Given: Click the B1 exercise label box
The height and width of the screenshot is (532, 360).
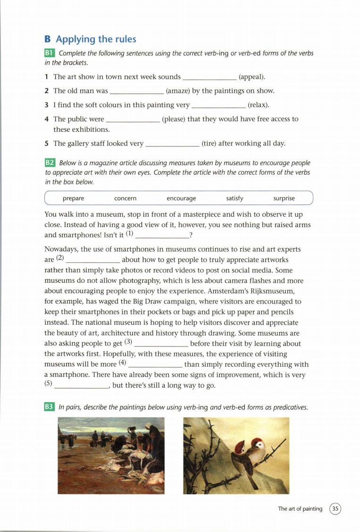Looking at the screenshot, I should coord(50,53).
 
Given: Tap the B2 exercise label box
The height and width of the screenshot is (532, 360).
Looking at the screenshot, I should coord(50,163).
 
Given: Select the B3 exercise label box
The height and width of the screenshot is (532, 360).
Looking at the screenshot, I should coord(50,406).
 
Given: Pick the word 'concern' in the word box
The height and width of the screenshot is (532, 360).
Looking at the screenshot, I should coord(125,198).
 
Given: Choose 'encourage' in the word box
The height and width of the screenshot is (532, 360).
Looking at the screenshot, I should coord(181,198).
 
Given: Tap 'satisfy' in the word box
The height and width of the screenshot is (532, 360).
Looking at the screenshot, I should coord(234,198).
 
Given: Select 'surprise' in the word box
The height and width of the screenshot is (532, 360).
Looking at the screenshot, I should coord(284,198).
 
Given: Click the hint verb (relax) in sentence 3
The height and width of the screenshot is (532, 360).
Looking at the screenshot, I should coord(258,105).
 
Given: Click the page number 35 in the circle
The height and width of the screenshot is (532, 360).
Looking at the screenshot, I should coord(335,508).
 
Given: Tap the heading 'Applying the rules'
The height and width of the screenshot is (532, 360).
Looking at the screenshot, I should coord(96,39).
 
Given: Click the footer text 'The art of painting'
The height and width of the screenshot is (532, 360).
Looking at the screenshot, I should coord(300,508).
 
